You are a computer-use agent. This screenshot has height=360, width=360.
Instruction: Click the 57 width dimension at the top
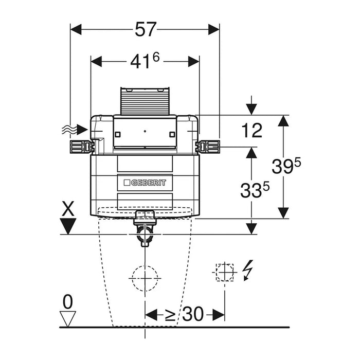pos(145,30)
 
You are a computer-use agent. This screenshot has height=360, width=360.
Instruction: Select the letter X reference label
pos(68,209)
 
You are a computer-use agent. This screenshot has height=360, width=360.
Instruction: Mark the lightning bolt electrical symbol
pos(247,269)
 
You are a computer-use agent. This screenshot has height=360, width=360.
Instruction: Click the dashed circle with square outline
pos(224,271)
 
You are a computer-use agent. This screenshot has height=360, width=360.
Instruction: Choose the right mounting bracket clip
pos(208,147)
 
